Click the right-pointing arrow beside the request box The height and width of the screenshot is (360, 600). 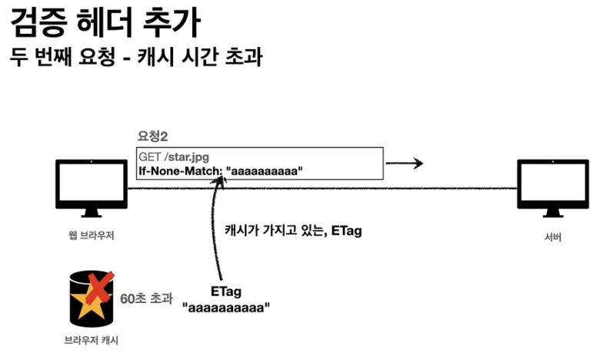point(405,163)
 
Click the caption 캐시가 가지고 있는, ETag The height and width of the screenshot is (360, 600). point(292,231)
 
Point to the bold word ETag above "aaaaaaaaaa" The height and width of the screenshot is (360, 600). point(227,292)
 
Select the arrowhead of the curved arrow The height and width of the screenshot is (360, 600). point(222,182)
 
